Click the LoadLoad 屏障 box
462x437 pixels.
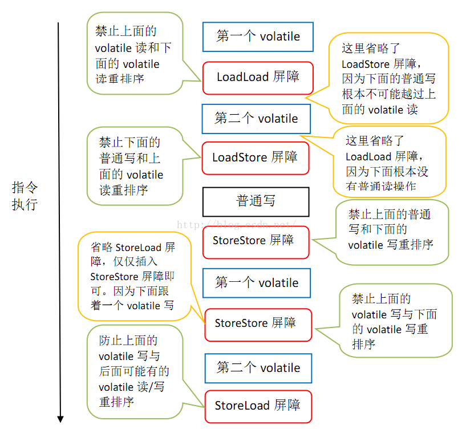[x=258, y=78]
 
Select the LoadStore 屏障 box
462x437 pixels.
[x=255, y=157]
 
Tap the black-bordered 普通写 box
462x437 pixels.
[x=256, y=201]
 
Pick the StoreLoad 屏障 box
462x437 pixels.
[x=258, y=406]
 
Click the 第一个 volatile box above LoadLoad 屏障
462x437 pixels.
[x=258, y=37]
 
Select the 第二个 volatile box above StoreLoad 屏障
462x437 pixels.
[x=258, y=368]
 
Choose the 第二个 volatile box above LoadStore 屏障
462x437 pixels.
[x=256, y=119]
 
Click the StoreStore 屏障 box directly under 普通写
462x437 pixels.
[x=255, y=241]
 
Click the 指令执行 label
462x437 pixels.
[x=25, y=196]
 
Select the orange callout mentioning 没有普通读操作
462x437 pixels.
[x=388, y=163]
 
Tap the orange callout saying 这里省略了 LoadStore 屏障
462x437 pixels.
[x=388, y=78]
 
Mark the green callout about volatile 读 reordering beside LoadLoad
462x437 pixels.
[x=135, y=55]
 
